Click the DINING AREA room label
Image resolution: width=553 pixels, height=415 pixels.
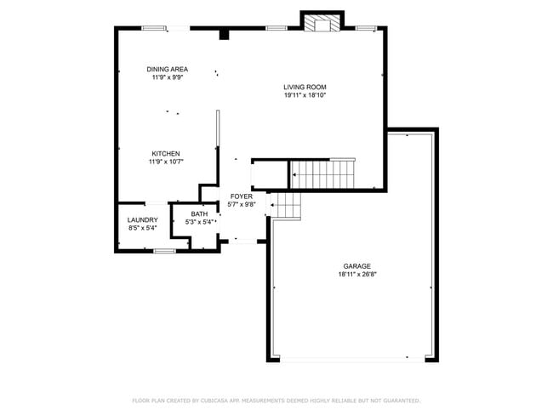167,69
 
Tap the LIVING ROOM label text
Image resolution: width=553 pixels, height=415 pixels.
305,87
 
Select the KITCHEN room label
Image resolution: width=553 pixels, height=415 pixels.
166,153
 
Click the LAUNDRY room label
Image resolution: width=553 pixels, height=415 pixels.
142,219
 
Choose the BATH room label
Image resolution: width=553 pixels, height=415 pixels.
199,214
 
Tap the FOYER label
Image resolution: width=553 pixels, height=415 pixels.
242,196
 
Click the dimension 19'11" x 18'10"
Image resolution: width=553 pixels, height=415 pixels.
305,95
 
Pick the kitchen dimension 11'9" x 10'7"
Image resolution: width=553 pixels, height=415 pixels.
166,162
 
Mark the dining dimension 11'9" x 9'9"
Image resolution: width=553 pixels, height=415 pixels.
167,77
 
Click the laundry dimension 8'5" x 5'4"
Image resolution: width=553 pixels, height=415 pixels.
142,228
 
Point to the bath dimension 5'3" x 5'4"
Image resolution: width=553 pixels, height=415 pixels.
199,222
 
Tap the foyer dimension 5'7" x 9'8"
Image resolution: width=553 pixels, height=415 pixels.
242,204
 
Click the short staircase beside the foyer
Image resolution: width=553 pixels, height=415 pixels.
287,206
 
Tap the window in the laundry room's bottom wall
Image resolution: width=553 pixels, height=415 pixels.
165,251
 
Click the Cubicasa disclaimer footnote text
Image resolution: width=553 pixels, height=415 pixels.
276,400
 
